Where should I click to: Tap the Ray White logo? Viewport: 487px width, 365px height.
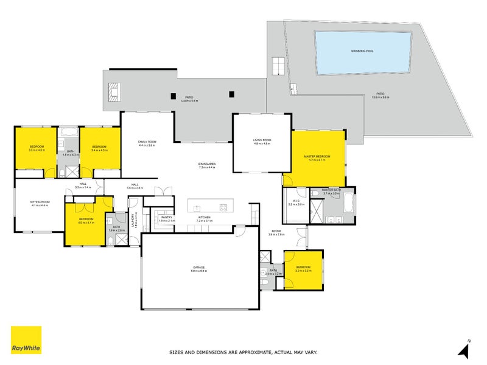click(26, 340)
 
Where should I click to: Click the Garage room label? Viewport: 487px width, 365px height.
click(199, 268)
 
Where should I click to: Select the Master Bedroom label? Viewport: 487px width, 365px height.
click(317, 157)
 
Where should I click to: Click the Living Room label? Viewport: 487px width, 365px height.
click(262, 141)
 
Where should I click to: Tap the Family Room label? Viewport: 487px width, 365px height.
click(147, 142)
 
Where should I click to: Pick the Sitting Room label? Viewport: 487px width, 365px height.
click(40, 203)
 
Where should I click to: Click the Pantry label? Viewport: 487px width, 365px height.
click(166, 217)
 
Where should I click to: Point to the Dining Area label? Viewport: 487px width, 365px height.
click(208, 164)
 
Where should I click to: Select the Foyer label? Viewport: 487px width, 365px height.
click(276, 231)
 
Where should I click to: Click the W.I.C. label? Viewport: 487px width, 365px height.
click(296, 201)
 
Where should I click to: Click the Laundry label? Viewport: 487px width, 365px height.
click(134, 220)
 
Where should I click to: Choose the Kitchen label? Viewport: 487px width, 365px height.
click(204, 217)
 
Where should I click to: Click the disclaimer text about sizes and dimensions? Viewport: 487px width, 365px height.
click(243, 352)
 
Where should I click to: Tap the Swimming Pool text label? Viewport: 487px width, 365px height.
click(362, 51)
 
